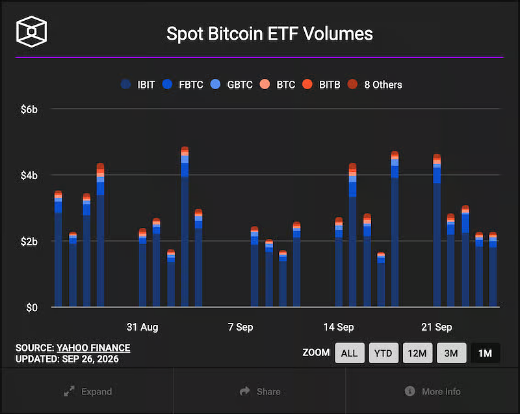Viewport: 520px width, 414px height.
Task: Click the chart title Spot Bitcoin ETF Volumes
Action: pyautogui.click(x=270, y=34)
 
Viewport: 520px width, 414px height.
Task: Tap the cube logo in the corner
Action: pyautogui.click(x=31, y=31)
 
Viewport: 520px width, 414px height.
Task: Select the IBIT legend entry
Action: pyautogui.click(x=138, y=85)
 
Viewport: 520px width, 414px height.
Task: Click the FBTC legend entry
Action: pyautogui.click(x=183, y=85)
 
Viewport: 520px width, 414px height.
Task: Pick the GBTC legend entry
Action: pyautogui.click(x=231, y=85)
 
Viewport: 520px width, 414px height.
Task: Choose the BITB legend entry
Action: pyautogui.click(x=321, y=85)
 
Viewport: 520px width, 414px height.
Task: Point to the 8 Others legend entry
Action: pyautogui.click(x=375, y=85)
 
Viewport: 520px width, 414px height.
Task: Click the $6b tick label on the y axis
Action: pyautogui.click(x=29, y=109)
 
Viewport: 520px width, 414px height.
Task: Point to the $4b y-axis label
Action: pyautogui.click(x=29, y=175)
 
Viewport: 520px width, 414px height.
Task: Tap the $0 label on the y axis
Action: pyautogui.click(x=32, y=308)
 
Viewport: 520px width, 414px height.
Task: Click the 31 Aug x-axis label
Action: pyautogui.click(x=142, y=327)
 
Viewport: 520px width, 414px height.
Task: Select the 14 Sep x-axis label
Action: pyautogui.click(x=339, y=327)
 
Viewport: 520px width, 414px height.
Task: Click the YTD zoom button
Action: pyautogui.click(x=383, y=353)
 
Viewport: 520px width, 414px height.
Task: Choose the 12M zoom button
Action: pyautogui.click(x=417, y=353)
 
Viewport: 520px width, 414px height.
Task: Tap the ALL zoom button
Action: pyautogui.click(x=350, y=353)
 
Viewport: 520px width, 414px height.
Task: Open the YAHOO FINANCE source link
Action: pyautogui.click(x=93, y=348)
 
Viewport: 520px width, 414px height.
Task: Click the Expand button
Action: pyautogui.click(x=88, y=391)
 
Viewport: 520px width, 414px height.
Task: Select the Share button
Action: pyautogui.click(x=260, y=391)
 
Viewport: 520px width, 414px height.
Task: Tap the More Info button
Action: pyautogui.click(x=432, y=391)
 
